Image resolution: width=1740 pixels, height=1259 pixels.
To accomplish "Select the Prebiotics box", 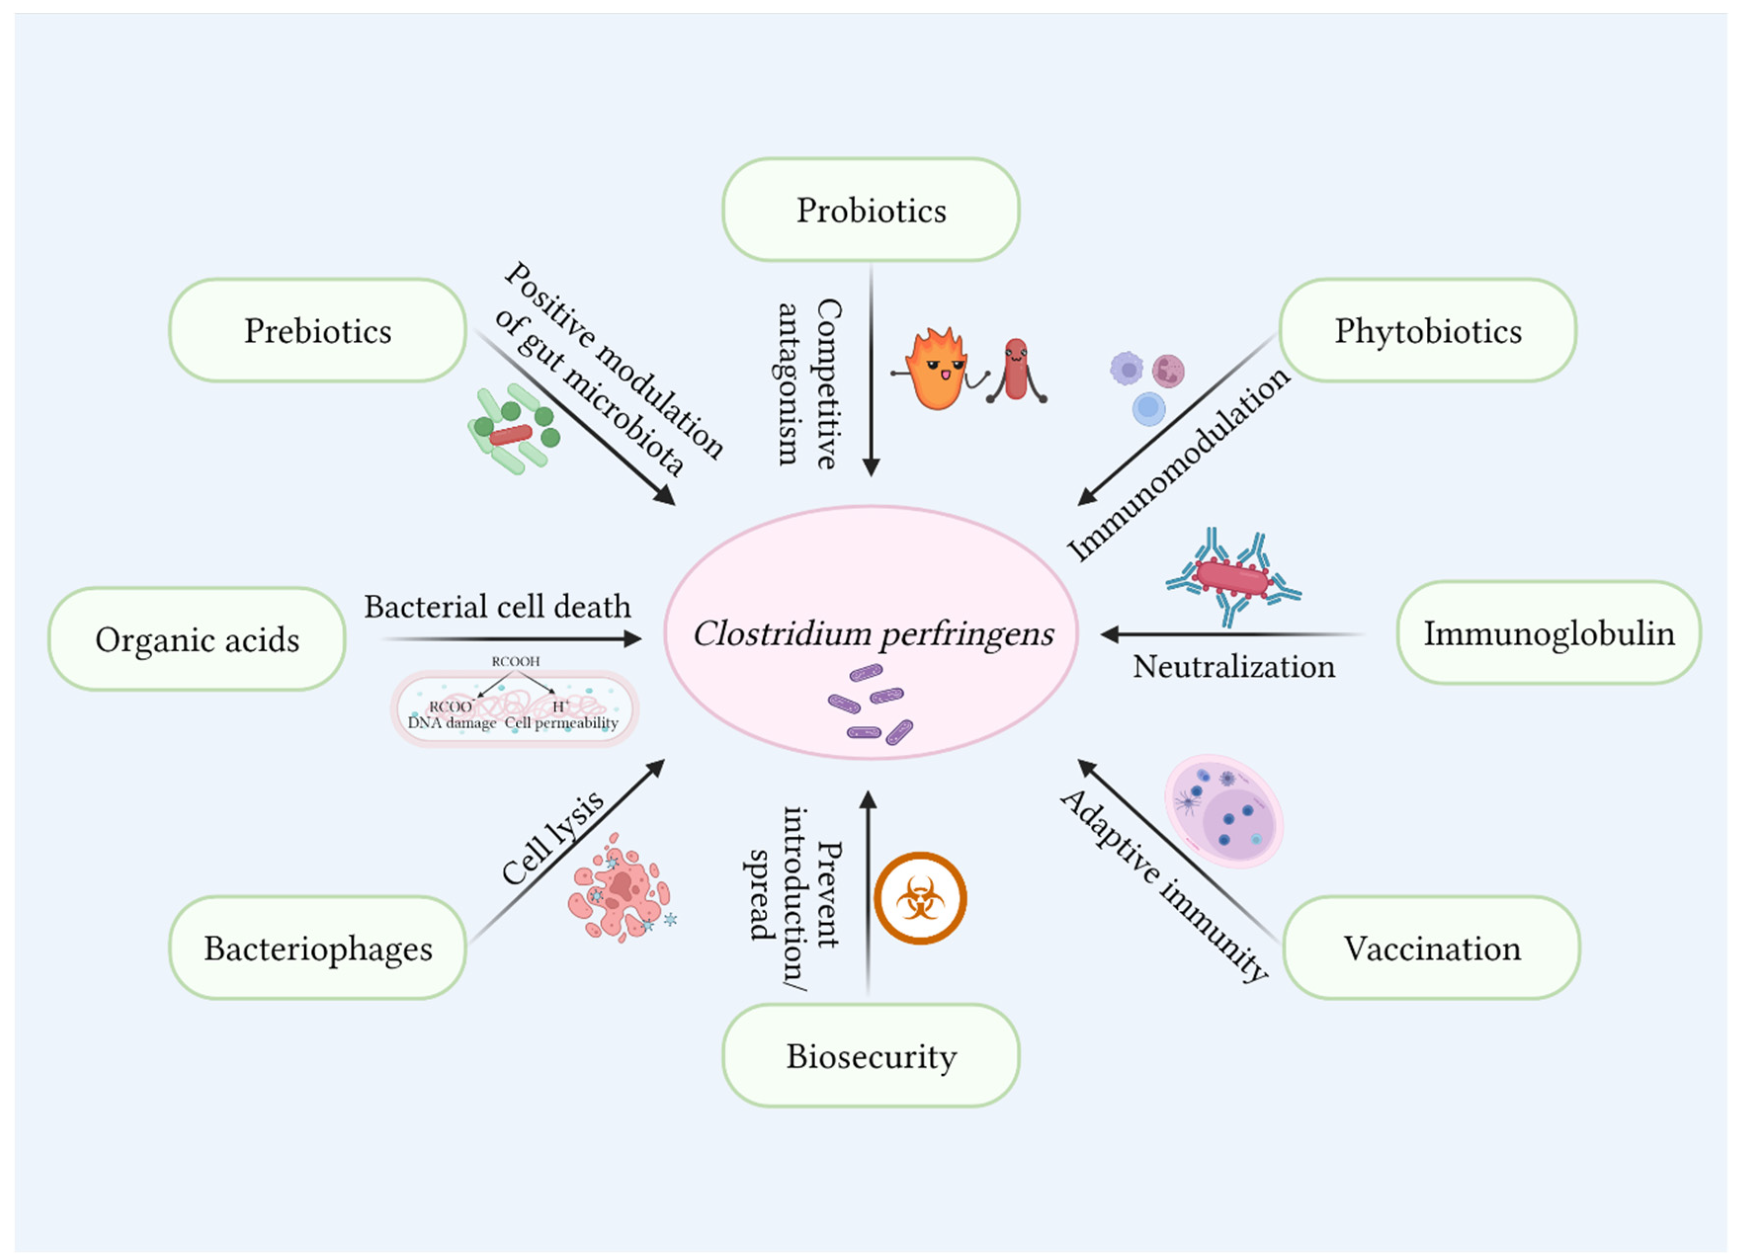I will [x=318, y=330].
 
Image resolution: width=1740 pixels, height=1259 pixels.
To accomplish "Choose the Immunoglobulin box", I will [x=1548, y=633].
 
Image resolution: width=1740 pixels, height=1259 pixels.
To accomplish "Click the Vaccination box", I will [x=1432, y=948].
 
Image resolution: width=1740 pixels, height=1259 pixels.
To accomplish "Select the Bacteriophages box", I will [x=318, y=948].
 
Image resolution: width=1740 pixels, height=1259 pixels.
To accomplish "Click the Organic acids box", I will [x=197, y=639].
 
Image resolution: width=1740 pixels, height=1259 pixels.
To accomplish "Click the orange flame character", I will [x=936, y=370].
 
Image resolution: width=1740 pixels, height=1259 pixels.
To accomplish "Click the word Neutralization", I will [x=1234, y=666].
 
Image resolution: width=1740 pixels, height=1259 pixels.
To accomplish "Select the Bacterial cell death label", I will [x=497, y=606].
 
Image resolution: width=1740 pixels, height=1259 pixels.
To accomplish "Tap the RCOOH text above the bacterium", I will [x=516, y=660].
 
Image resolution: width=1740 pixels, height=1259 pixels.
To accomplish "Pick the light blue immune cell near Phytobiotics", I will [x=1149, y=408].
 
